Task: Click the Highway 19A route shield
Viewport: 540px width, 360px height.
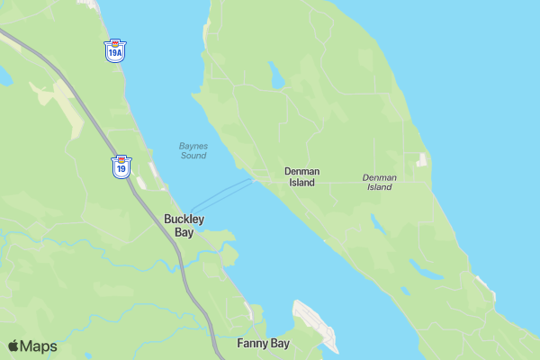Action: pos(114,50)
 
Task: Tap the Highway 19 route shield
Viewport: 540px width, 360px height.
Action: pos(121,166)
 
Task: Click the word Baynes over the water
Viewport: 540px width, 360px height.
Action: pos(193,146)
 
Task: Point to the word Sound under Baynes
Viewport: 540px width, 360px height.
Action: pos(193,156)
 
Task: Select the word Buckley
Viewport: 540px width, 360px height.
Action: pos(184,219)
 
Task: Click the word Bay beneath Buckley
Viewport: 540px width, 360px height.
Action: pos(184,232)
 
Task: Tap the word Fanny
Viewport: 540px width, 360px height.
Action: pos(253,344)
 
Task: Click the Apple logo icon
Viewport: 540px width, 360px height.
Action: pos(13,346)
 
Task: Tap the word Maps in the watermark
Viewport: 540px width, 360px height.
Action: pos(39,346)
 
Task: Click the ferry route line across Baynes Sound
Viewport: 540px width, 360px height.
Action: pos(222,194)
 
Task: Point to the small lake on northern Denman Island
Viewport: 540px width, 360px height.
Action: pos(276,77)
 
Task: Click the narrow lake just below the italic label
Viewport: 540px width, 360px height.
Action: pos(378,224)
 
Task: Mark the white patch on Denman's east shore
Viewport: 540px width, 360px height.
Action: pos(421,160)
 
